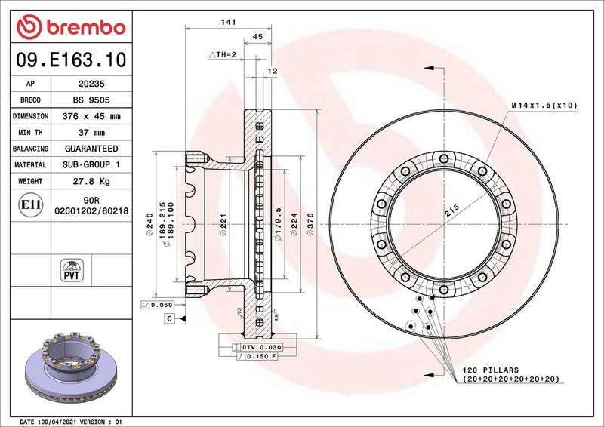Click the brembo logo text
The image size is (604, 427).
click(86, 27)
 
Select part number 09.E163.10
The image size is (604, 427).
click(71, 60)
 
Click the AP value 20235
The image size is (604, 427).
click(91, 84)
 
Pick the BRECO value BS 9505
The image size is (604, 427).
click(91, 100)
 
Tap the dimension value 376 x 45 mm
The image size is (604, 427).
click(91, 116)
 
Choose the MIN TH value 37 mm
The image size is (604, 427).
click(91, 133)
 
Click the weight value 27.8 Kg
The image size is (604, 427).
click(91, 181)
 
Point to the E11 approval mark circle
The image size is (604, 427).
click(30, 205)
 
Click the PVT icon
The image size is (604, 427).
click(72, 270)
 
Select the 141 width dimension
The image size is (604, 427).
click(229, 23)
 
